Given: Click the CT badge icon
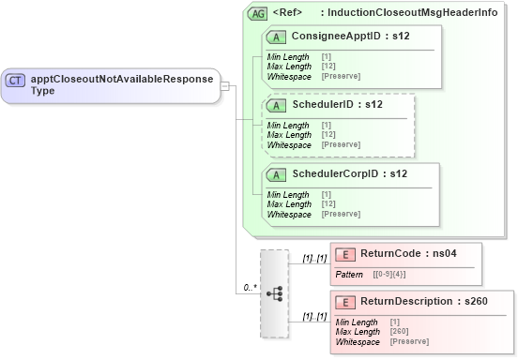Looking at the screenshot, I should (x=16, y=81).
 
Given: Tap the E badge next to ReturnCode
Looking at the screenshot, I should (x=344, y=254).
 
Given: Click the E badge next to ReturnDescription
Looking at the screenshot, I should (x=344, y=302).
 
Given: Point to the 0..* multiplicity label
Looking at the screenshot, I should (x=250, y=288).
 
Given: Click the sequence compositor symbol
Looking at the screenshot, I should (x=275, y=293).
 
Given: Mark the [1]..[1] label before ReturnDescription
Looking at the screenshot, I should (x=313, y=316).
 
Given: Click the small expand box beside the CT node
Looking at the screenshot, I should (x=225, y=85).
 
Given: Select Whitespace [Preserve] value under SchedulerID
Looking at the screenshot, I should (x=341, y=145).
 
